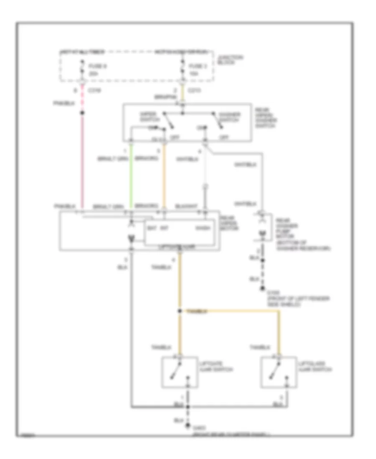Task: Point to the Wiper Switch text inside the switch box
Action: (x=148, y=117)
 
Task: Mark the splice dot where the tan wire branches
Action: (x=180, y=311)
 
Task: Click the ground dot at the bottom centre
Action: (x=188, y=425)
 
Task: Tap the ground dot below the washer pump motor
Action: (x=263, y=288)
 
